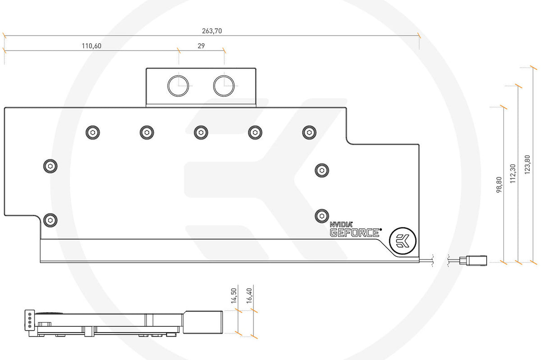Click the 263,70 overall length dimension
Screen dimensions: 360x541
click(x=211, y=31)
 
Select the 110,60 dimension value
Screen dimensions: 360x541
click(x=91, y=46)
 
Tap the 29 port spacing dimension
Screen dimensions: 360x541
click(x=201, y=46)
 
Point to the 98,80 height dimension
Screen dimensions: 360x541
click(x=499, y=185)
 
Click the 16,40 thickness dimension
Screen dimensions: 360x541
click(x=249, y=297)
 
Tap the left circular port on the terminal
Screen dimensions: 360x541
click(x=179, y=85)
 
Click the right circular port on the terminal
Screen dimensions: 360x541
click(x=224, y=85)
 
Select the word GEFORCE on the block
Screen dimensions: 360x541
click(x=354, y=232)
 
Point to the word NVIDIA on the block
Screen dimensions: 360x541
click(x=341, y=224)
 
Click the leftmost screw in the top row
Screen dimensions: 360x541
click(x=92, y=132)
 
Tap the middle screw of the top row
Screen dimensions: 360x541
click(x=201, y=132)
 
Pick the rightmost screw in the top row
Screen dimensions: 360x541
click(x=309, y=132)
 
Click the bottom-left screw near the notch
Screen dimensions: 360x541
click(x=50, y=220)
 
